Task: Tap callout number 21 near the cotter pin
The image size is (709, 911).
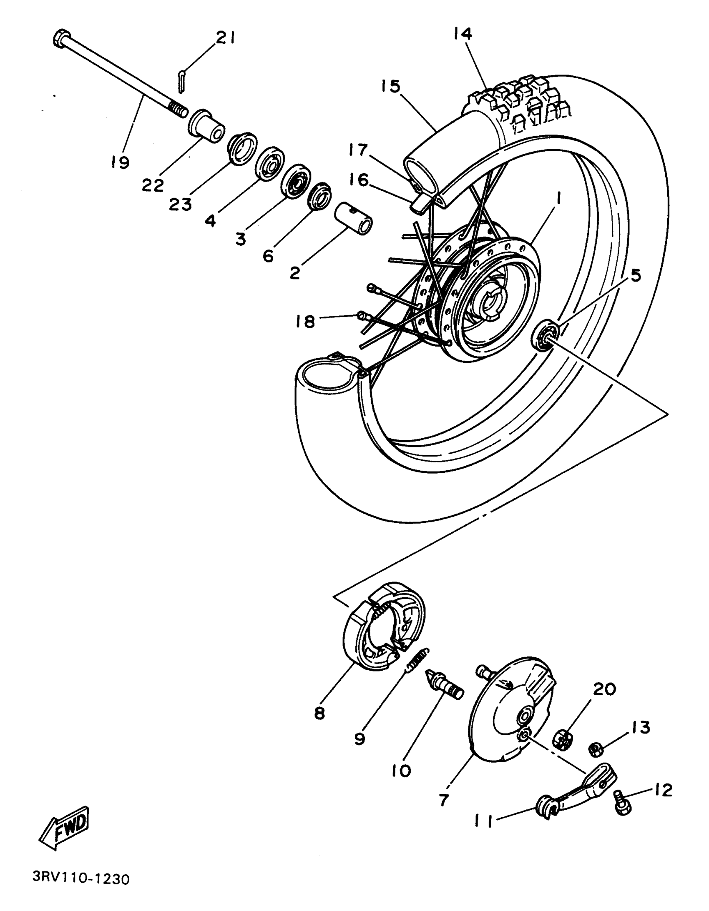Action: point(225,39)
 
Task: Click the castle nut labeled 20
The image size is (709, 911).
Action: point(562,740)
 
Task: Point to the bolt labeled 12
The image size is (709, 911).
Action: point(623,803)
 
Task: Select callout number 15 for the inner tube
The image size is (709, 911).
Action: point(390,86)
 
